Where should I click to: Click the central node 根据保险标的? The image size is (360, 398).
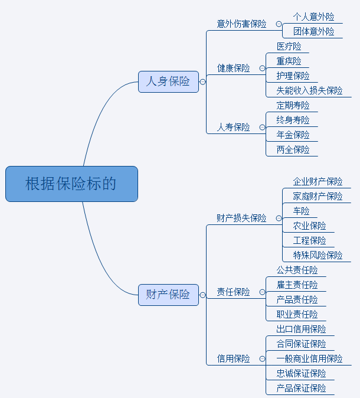coord(71,184)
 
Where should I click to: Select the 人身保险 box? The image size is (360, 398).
coord(168,81)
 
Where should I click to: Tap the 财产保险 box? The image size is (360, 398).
coord(168,294)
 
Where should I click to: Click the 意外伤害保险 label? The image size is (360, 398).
coord(241,24)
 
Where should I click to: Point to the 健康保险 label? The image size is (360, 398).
coord(233,68)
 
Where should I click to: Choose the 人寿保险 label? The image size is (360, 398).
coord(233,127)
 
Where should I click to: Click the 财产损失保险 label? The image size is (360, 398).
coord(241,218)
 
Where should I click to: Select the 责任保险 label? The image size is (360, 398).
coord(233,292)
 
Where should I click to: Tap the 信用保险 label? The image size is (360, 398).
coord(233,358)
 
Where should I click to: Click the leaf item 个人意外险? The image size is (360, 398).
coord(313,17)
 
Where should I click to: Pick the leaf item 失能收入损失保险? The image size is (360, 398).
coord(309,90)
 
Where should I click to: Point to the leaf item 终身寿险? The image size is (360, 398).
coord(293,120)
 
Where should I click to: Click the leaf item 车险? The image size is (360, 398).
coord(301,211)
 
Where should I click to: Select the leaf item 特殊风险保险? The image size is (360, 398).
coord(318,255)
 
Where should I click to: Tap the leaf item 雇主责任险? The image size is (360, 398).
coord(297,285)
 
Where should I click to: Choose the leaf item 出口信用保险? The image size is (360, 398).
coord(301,329)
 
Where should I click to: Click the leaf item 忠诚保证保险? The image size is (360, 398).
coord(301,373)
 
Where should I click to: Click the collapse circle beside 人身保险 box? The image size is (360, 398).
coord(203,82)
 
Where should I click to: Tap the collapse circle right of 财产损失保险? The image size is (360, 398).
coord(279,218)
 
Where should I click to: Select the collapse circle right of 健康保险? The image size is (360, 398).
coord(262,68)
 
